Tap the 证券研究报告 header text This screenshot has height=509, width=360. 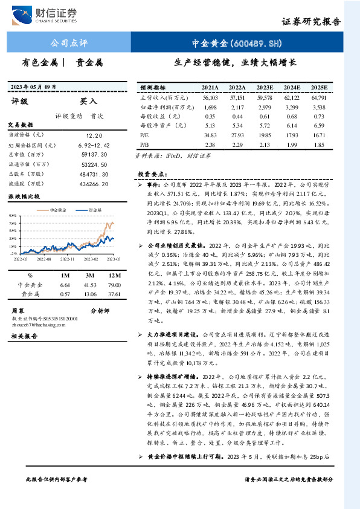[x=311, y=21]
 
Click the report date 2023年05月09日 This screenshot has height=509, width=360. [x=36, y=86]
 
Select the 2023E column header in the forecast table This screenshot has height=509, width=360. [x=265, y=87]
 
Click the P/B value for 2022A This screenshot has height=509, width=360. [x=237, y=145]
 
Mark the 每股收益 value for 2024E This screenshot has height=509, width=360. [x=292, y=116]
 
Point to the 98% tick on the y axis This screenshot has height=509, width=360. [x=13, y=215]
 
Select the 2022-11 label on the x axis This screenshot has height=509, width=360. [x=69, y=258]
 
